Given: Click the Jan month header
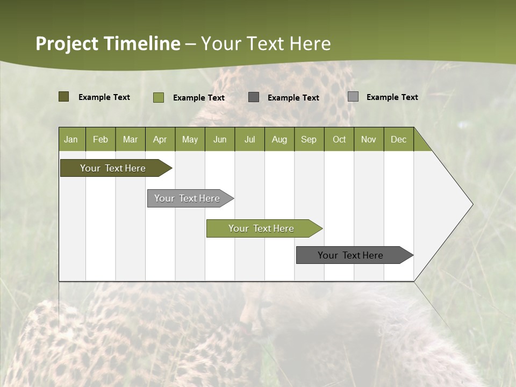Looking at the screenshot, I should point(71,139).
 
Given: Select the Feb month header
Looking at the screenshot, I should point(101,139).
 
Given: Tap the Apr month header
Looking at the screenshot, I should point(160,139).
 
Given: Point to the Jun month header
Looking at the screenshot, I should point(220,139).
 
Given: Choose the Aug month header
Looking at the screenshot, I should point(279,139).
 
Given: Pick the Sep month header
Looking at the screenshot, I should point(309,139).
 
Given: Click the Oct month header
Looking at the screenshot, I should point(339,139).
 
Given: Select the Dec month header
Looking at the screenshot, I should point(399,139).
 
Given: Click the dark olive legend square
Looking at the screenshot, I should point(63,97).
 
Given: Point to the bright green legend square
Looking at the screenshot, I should point(159,97).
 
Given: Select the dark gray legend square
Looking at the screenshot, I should point(254,97).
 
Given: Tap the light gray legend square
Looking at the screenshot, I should point(353,97).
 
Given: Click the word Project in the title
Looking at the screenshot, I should point(67,44).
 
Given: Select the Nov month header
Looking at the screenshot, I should point(369,139).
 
